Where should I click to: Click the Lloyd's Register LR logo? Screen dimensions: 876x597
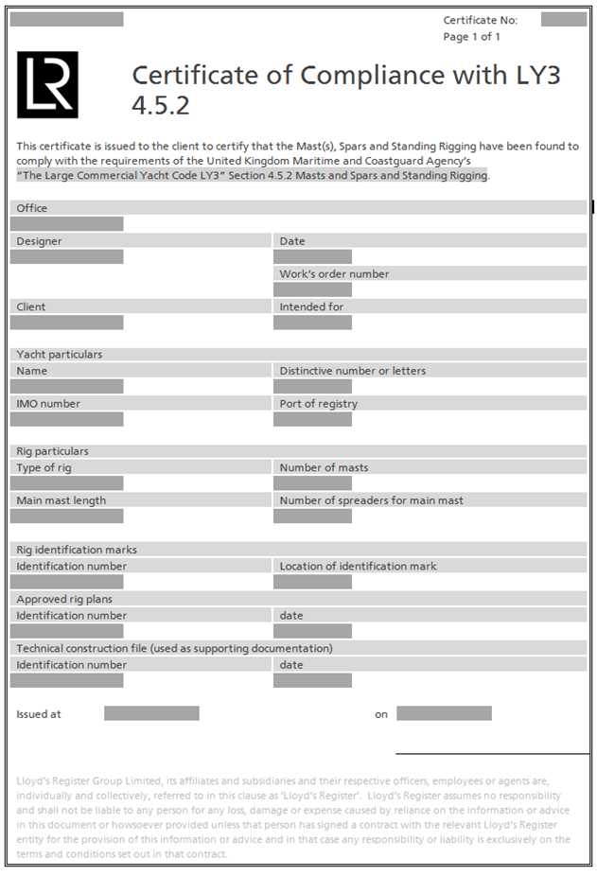click(x=47, y=84)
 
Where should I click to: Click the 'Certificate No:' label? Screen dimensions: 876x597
click(x=481, y=20)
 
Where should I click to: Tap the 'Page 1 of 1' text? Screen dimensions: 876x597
click(x=471, y=37)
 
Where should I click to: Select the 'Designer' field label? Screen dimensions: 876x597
click(x=39, y=241)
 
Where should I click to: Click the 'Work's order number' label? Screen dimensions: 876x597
click(x=334, y=274)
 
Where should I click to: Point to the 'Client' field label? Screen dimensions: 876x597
click(x=31, y=307)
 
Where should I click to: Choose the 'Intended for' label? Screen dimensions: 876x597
click(x=310, y=307)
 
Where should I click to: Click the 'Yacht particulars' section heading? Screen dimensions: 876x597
click(x=59, y=355)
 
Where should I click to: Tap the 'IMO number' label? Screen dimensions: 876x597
click(x=48, y=404)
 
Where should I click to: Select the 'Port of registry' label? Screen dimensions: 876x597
click(x=318, y=404)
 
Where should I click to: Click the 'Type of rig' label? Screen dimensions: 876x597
click(x=44, y=468)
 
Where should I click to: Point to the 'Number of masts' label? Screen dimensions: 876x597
click(x=324, y=468)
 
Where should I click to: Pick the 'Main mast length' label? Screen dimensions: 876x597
click(x=61, y=500)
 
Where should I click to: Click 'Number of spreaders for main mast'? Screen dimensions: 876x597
click(x=371, y=500)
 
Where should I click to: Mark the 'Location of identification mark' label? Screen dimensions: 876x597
click(x=358, y=567)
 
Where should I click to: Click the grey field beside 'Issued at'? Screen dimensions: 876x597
click(x=151, y=713)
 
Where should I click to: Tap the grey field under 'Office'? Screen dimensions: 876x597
click(x=66, y=224)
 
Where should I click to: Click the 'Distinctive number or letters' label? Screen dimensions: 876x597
click(x=352, y=371)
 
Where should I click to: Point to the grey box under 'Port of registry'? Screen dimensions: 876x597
click(x=312, y=419)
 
